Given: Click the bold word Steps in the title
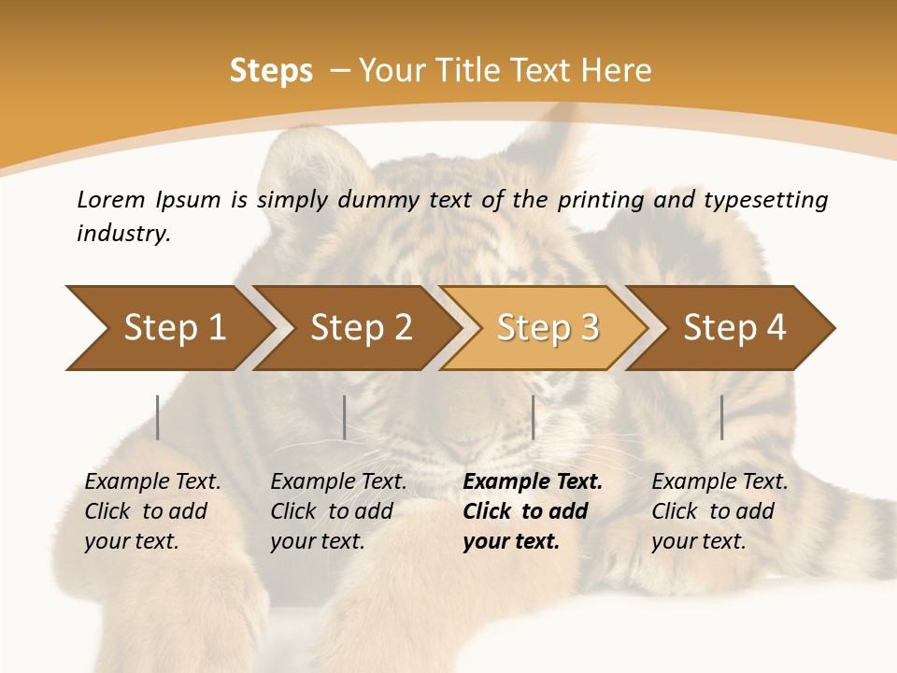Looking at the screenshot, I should tap(271, 71).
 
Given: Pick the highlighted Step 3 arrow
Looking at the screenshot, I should tap(548, 327).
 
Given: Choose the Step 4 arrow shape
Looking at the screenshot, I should tap(734, 327).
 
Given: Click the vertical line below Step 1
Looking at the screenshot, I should tap(158, 417).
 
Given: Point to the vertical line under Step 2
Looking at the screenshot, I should tap(345, 417).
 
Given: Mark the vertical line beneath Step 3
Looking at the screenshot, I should tap(533, 417).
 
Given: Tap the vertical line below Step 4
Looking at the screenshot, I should tap(722, 417).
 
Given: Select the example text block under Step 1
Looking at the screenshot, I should tap(152, 511).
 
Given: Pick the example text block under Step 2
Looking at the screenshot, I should tap(338, 511).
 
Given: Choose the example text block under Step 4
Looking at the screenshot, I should tap(719, 511).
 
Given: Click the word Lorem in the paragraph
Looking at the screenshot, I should tap(111, 199).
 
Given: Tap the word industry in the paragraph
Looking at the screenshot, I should tap(123, 234).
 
